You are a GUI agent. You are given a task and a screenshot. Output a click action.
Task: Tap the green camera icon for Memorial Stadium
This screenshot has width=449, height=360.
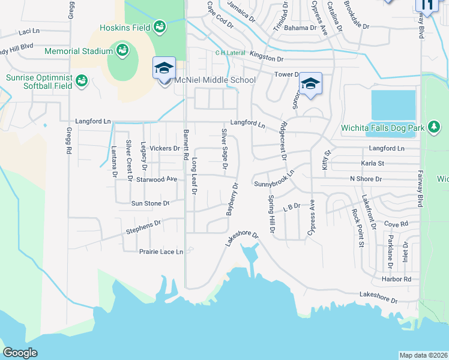click(x=122, y=50)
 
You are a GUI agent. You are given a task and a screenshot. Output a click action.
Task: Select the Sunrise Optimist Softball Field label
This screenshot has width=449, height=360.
click(x=40, y=82)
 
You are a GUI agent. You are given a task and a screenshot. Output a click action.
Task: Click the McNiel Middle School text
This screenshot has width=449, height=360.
click(x=215, y=80)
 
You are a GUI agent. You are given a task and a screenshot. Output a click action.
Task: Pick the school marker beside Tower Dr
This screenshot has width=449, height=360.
click(x=310, y=84)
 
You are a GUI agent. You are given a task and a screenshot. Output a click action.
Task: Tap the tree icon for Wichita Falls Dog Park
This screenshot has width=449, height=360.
click(x=433, y=127)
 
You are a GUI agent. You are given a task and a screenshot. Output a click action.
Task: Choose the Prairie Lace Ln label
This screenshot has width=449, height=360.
click(x=161, y=251)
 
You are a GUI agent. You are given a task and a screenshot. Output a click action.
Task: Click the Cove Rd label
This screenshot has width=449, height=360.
click(x=396, y=223)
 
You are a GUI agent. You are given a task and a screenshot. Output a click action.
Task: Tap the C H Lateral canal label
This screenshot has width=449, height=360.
click(x=231, y=53)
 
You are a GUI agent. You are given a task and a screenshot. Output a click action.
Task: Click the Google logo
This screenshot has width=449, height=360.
click(x=20, y=353)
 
